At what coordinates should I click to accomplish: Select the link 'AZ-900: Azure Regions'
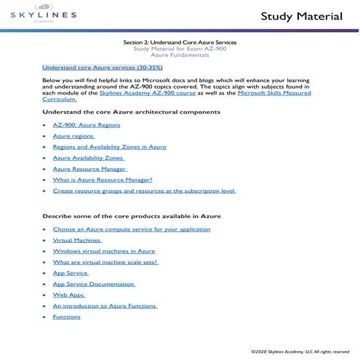click(87, 125)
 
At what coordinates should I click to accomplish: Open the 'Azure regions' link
click(73, 136)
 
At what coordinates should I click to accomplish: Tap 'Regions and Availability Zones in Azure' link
click(110, 147)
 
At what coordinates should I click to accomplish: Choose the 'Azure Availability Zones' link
click(88, 158)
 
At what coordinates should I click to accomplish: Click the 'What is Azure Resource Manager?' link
click(103, 180)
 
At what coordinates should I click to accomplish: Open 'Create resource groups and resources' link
click(144, 191)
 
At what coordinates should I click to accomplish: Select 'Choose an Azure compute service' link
click(132, 229)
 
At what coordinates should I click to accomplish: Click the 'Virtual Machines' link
click(77, 240)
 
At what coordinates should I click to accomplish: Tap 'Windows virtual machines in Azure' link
click(104, 251)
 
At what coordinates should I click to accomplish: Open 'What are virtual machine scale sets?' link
click(105, 262)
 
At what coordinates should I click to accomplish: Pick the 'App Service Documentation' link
click(94, 284)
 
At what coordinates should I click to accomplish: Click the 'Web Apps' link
click(69, 295)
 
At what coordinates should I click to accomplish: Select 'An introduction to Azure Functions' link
click(105, 306)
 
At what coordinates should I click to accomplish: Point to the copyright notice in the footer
click(301, 351)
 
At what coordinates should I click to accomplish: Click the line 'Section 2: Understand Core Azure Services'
click(180, 43)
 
